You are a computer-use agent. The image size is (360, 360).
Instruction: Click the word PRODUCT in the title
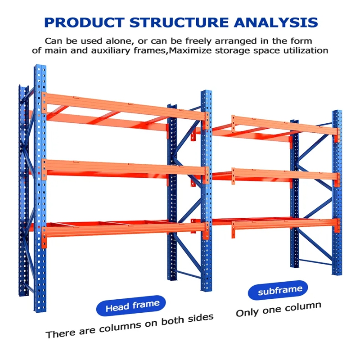[84, 22]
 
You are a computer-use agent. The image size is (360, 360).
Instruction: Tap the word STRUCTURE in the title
[179, 22]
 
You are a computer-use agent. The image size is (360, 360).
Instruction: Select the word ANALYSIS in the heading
[276, 22]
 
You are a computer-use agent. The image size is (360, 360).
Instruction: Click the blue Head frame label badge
[131, 306]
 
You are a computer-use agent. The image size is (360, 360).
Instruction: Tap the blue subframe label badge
[278, 290]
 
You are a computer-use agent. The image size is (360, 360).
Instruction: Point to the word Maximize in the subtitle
[190, 50]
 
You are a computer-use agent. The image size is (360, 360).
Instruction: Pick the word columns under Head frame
[120, 327]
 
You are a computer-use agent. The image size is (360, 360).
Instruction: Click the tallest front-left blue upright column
[40, 188]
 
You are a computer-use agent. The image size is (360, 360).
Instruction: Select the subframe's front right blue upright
[337, 193]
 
